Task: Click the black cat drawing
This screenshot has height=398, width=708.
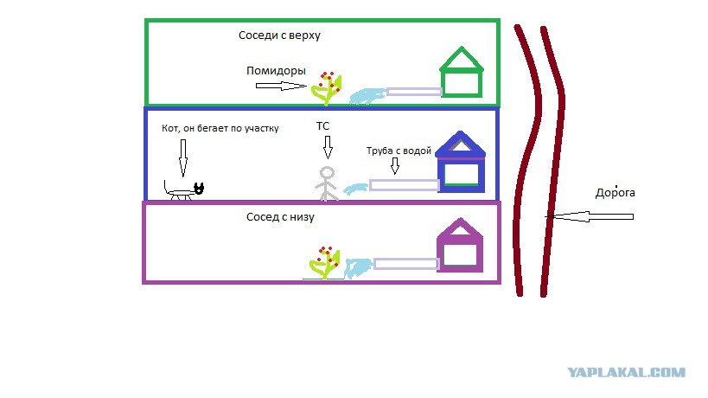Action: click(x=183, y=191)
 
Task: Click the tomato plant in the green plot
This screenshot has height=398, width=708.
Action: click(x=326, y=89)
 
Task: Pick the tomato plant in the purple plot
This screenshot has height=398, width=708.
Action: click(x=324, y=263)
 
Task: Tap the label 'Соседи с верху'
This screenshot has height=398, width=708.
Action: click(x=279, y=35)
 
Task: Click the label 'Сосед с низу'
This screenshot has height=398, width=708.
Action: click(x=280, y=217)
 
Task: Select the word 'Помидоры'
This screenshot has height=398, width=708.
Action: click(x=276, y=70)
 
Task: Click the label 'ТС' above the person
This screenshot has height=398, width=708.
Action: click(x=322, y=126)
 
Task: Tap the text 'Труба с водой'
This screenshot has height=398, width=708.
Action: click(x=399, y=151)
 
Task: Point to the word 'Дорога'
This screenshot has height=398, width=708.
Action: click(x=615, y=193)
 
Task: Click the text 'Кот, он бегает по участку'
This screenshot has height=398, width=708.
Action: click(x=220, y=128)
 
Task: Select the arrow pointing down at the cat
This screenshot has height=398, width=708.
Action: click(x=183, y=157)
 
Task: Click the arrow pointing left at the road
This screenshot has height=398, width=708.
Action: click(x=590, y=217)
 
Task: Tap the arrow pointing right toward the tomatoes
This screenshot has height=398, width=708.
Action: click(x=281, y=86)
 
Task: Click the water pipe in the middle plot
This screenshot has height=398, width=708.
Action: click(x=404, y=185)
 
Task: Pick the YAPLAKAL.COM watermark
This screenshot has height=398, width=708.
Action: click(x=626, y=373)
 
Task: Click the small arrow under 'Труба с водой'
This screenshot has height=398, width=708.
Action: click(x=395, y=166)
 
